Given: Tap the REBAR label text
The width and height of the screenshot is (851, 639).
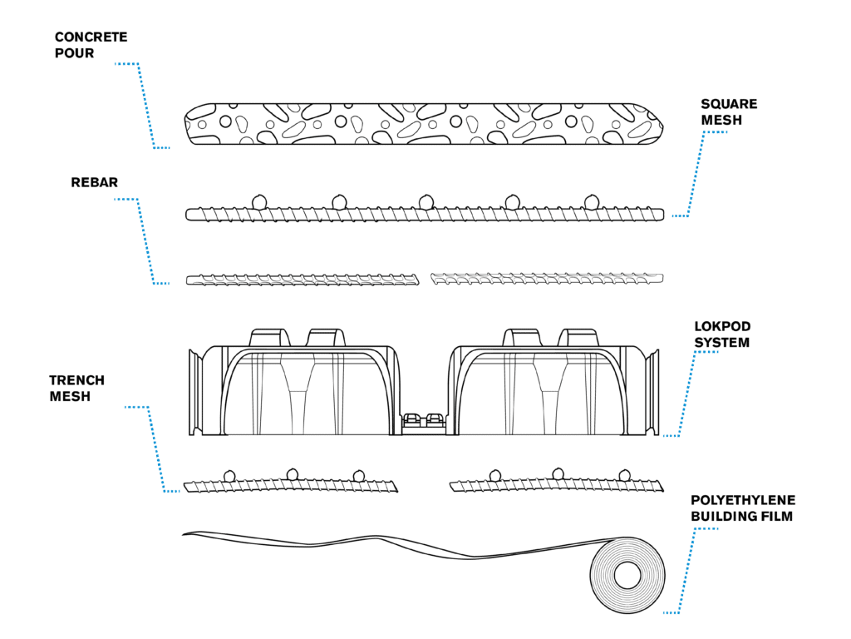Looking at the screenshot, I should (94, 182).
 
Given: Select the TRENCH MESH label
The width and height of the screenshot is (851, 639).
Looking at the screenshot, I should (76, 388).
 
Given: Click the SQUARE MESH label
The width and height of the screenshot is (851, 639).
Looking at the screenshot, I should (729, 111).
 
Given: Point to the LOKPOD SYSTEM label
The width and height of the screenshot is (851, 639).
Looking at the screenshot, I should (722, 334).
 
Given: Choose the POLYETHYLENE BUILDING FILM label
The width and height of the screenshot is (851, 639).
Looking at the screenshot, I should (743, 508).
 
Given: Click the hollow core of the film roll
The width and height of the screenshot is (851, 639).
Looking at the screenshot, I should (627, 575).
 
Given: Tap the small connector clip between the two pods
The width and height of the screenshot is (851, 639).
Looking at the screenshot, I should (424, 420).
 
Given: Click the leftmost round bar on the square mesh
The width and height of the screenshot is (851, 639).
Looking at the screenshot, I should (258, 201).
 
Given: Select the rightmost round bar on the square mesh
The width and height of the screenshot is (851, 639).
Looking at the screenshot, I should (591, 201).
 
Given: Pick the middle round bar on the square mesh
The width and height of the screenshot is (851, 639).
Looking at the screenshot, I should (425, 201).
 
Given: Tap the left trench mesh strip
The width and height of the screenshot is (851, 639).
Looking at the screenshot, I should (291, 485).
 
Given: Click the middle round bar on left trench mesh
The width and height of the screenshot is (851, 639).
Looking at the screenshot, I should (292, 474).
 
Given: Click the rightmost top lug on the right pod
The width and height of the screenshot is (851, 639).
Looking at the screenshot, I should (578, 337).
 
